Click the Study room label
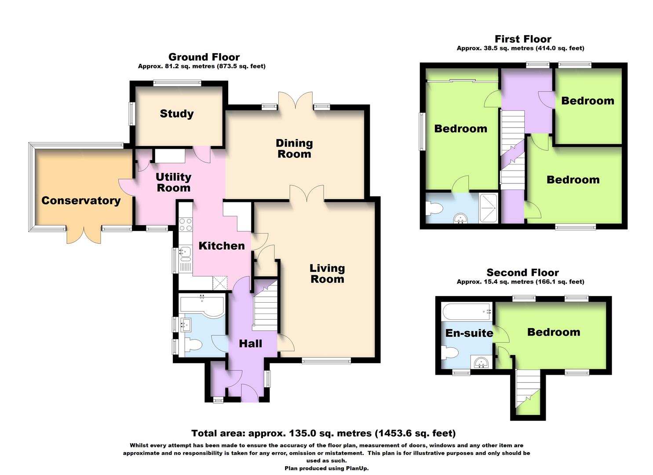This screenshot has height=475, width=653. tap(177, 114)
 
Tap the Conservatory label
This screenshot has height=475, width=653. tap(81, 201)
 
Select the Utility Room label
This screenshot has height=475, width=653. tap(174, 183)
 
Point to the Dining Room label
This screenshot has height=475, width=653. tap(294, 149)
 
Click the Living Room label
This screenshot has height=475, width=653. tap(327, 274)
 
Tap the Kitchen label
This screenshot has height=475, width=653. tap(222, 246)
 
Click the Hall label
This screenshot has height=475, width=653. tap(250, 343)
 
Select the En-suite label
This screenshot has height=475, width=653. tap(469, 333)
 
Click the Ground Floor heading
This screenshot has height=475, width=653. tap(204, 57)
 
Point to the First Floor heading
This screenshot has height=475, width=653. tap(523, 39)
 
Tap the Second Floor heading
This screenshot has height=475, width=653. tap(522, 273)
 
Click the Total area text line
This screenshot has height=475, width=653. tap(323, 434)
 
